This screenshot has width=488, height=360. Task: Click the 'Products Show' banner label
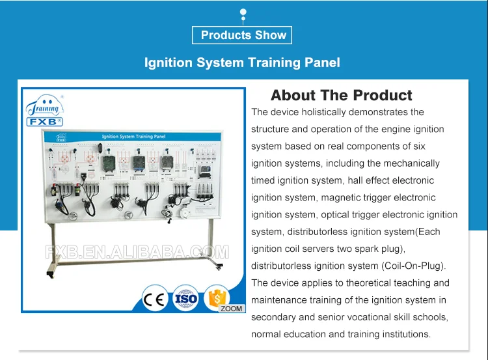pos(243,35)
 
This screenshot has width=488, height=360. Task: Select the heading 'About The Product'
pos(341,96)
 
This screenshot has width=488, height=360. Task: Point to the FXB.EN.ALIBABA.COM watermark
pos(137,252)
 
